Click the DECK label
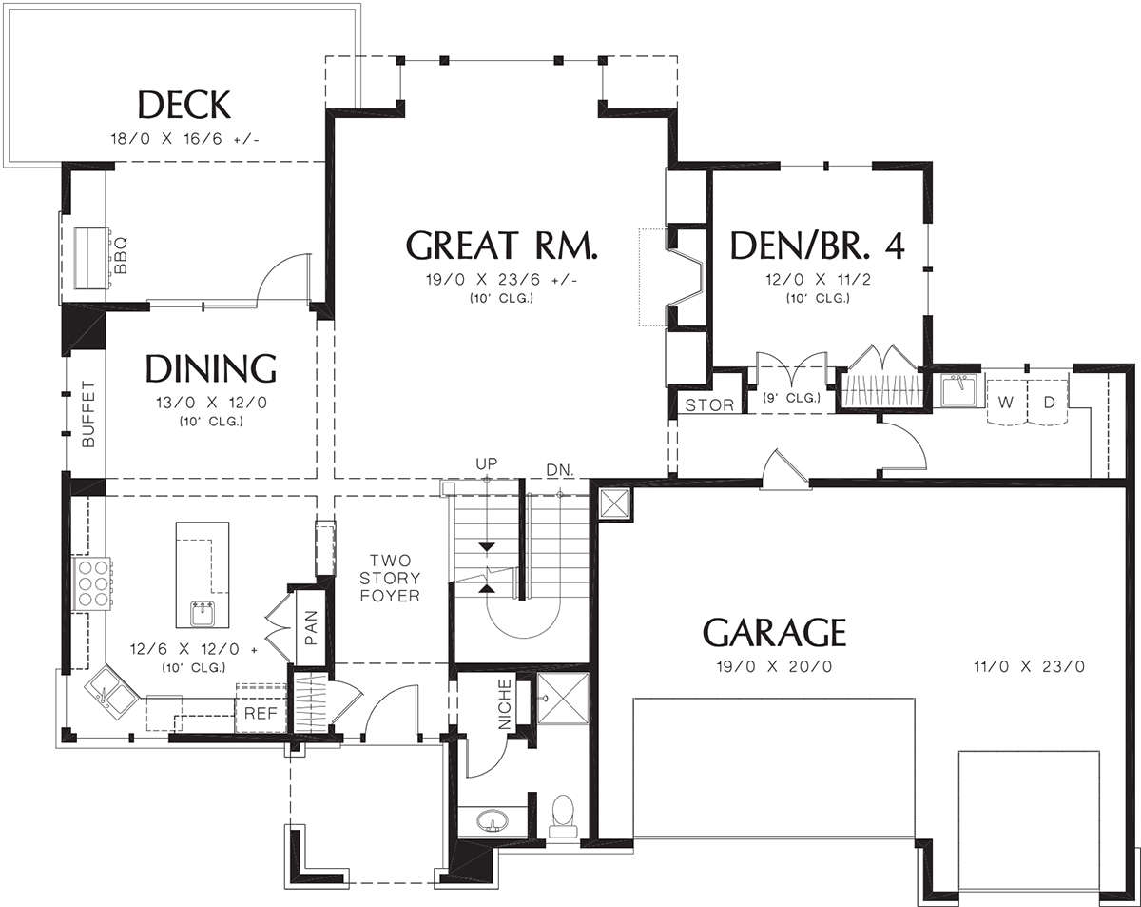(184, 105)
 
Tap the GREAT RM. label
(502, 246)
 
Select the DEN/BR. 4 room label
(817, 246)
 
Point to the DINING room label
(210, 368)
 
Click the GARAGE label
(774, 632)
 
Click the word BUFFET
(88, 414)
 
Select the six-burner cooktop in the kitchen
(94, 583)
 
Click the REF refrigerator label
(261, 713)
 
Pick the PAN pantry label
(311, 628)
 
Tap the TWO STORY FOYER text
(390, 578)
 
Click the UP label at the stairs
(486, 463)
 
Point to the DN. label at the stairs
(560, 470)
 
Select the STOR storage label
(709, 405)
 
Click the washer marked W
(1006, 403)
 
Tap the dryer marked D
(1048, 403)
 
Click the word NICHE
(505, 704)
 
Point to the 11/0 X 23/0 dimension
(1029, 666)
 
